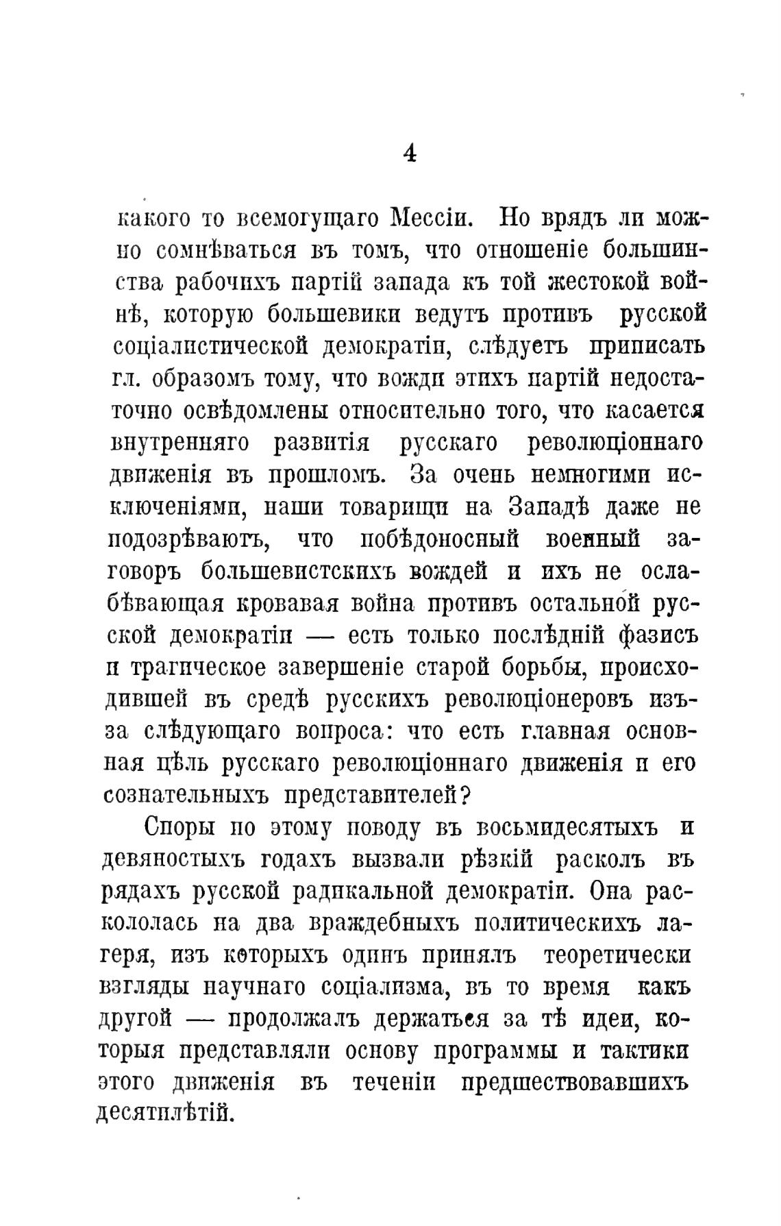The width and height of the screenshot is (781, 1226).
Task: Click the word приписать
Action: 646,346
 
